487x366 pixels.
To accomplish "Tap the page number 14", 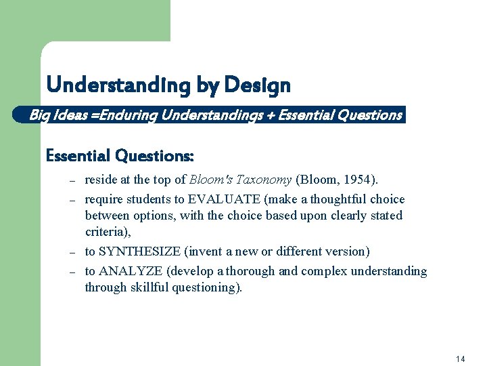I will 461,359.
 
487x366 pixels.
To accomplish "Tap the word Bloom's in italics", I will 212,180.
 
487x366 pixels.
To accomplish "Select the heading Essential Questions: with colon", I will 120,155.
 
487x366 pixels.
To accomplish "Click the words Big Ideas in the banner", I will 55,115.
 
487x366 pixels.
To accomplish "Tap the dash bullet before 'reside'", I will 70,181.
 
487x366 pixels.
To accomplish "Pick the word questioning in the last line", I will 211,287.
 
